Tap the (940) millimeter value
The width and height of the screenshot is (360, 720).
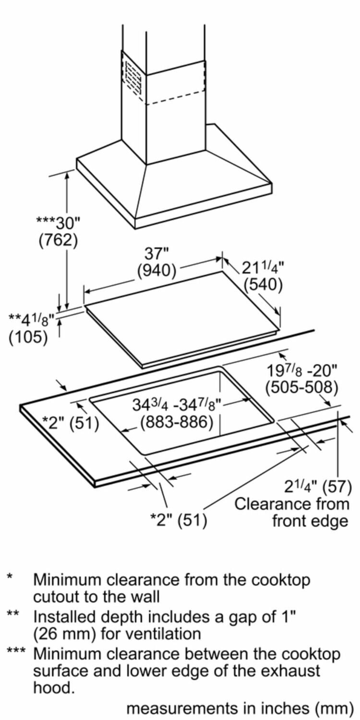[x=156, y=271]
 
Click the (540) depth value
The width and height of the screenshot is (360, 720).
[x=263, y=285]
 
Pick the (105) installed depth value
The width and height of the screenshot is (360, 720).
[x=28, y=337]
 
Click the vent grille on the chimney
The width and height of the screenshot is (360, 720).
[x=133, y=78]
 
